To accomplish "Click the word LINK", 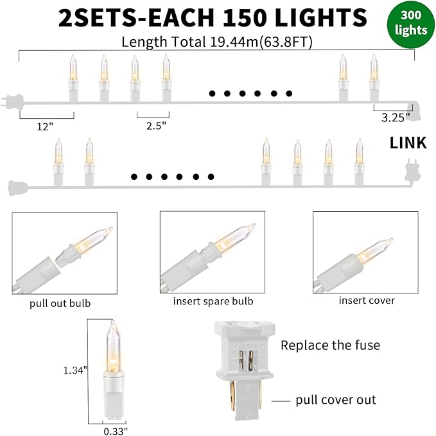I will pos(408,143).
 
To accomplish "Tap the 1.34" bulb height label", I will pos(75,370).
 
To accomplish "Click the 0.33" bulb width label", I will pos(116,430).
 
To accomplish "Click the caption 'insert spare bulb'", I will pos(213,301).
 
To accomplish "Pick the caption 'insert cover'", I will pos(367,300).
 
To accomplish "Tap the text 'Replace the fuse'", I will pos(330,345).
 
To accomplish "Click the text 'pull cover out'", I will pos(336,400).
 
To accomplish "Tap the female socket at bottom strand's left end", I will pos(16,187).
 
